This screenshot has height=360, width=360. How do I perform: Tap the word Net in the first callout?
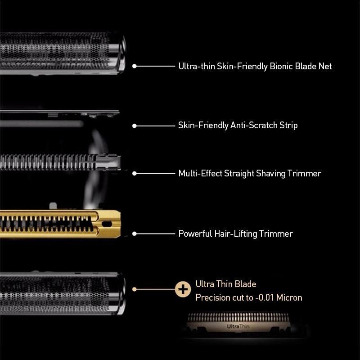pos(325,66)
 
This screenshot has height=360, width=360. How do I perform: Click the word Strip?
pos(288,126)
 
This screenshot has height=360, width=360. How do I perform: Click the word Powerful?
pos(195,234)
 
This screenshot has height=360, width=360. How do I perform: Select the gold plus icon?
pos(183,289)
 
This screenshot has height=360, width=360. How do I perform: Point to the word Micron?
pos(289,297)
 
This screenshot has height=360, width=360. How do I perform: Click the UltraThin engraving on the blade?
pos(238,326)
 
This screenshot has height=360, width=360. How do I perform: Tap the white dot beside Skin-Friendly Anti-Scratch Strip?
pos(135,126)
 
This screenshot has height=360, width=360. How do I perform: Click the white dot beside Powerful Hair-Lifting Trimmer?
pos(135,234)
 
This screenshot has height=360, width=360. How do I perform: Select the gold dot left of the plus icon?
pos(135,289)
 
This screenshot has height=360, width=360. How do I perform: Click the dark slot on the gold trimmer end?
pos(107,224)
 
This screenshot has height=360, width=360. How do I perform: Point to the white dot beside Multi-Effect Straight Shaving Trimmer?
pos(135,173)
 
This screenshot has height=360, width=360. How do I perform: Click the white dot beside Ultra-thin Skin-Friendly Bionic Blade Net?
pos(135,66)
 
